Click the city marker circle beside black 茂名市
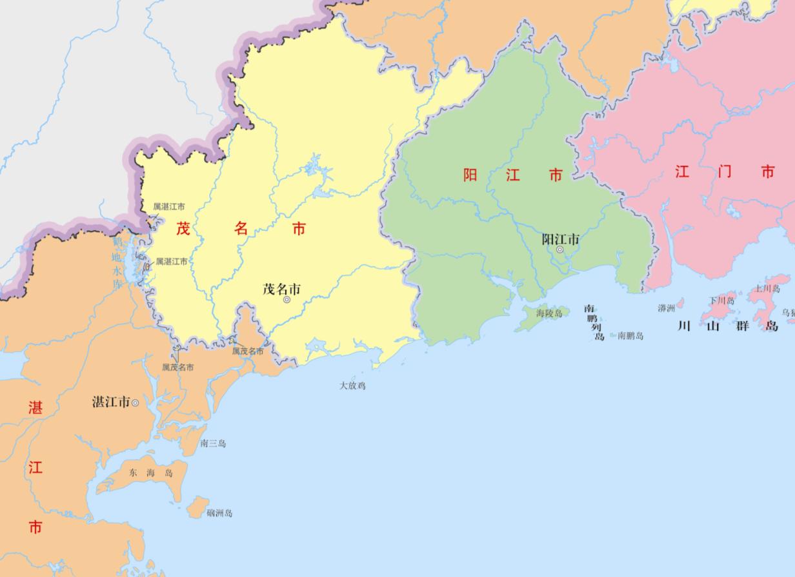[287, 300]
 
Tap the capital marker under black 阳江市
[559, 249]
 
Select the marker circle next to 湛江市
[135, 403]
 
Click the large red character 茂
[184, 228]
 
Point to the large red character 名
[241, 228]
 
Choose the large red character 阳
[470, 175]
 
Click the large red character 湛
[35, 407]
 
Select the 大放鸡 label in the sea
[352, 386]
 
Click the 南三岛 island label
[213, 444]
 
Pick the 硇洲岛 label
[219, 513]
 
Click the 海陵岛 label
[549, 313]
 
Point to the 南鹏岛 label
[630, 336]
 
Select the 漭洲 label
[666, 308]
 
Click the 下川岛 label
[721, 300]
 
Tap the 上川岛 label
[767, 289]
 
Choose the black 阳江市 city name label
[560, 239]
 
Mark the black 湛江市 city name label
[111, 402]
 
